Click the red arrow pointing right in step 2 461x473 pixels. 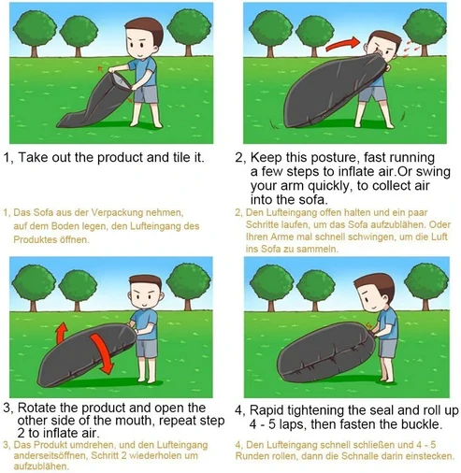click(x=343, y=44)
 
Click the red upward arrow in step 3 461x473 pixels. click(x=62, y=333)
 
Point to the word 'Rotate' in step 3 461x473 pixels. click(x=36, y=408)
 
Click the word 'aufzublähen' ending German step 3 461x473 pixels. click(x=41, y=466)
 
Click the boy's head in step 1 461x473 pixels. click(x=143, y=37)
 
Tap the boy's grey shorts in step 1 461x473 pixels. click(x=146, y=94)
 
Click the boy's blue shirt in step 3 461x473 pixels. click(x=145, y=324)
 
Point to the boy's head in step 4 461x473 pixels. click(x=375, y=294)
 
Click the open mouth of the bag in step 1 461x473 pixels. click(x=120, y=79)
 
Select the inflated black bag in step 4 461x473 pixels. click(x=326, y=351)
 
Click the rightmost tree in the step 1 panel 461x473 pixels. click(x=189, y=32)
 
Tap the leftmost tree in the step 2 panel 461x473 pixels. click(x=270, y=35)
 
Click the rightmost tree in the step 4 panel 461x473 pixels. click(x=426, y=287)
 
